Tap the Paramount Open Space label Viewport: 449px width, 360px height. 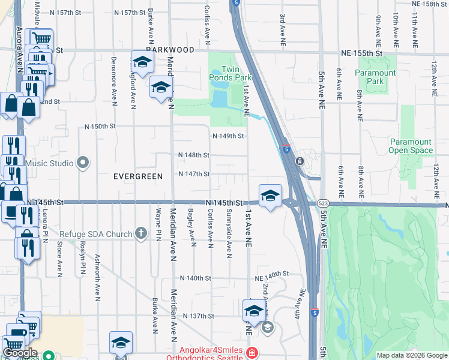[x=411, y=146]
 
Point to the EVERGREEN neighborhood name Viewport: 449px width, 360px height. [x=138, y=176]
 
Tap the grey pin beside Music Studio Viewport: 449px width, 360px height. [x=83, y=163]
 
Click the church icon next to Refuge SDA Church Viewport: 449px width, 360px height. [x=141, y=233]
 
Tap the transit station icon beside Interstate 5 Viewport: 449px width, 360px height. [x=298, y=161]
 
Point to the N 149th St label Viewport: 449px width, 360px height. [x=229, y=136]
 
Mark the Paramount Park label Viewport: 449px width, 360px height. [x=375, y=77]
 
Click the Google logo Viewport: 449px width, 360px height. [x=20, y=353]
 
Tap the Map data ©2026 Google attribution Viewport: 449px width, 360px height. [x=411, y=355]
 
